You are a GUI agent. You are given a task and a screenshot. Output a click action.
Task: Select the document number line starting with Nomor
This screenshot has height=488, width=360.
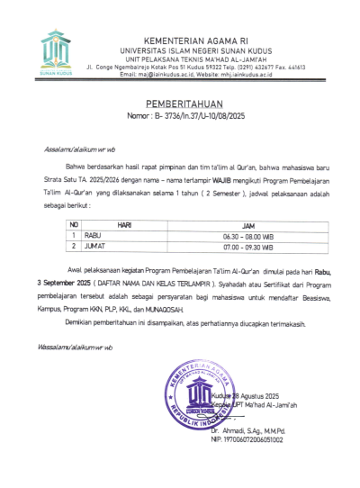click(179, 116)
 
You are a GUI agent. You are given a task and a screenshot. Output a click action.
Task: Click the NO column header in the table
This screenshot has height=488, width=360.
click(75, 224)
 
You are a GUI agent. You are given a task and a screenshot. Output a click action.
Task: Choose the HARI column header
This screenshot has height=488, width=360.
click(124, 224)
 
